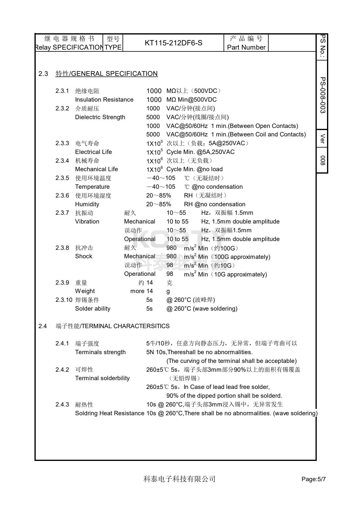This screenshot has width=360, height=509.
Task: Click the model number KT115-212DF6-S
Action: pos(173,43)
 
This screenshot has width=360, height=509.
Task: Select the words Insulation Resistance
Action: pos(104,100)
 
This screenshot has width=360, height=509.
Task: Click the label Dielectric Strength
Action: pos(100,117)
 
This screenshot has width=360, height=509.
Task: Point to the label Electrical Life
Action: pos(93,152)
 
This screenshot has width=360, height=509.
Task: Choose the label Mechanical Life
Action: pos(96,169)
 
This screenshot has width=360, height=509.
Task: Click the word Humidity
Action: pos(87,204)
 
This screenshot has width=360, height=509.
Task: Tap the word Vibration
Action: pos(87,221)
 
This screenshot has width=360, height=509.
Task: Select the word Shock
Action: pos(83,256)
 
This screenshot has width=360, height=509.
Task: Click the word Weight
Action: pos(85,291)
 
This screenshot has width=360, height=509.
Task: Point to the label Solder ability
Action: pos(93,308)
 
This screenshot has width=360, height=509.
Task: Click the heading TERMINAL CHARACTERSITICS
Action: pos(126,326)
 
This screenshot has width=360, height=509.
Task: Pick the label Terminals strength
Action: pos(100,352)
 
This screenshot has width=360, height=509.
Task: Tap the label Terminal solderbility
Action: pos(102,378)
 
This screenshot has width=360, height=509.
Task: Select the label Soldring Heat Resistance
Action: pos(110,413)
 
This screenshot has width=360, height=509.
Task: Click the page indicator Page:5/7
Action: pos(313,479)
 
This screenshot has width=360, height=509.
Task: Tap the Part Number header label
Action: pos(246,47)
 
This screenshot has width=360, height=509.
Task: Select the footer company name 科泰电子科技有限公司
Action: pos(179,479)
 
